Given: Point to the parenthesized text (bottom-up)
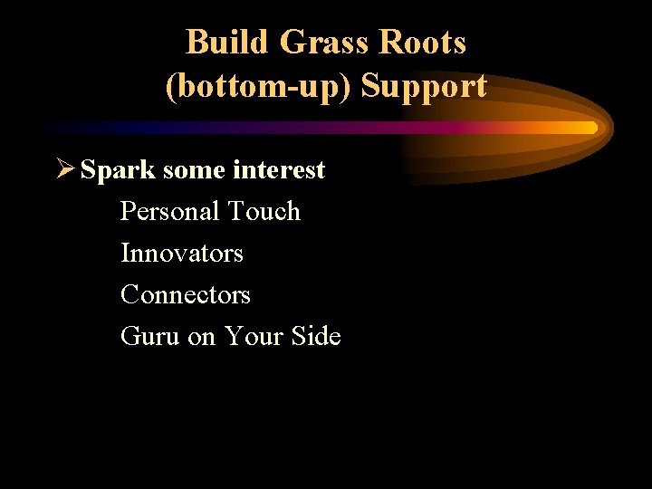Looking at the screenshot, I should (259, 87).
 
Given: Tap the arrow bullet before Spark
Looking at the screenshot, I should (66, 169).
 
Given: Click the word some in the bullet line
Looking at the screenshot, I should (181, 170).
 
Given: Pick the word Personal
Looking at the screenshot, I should (171, 212).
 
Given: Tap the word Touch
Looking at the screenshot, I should (264, 212).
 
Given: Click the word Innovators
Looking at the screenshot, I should (182, 253).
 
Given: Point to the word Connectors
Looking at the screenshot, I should (186, 294).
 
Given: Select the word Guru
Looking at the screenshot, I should (150, 337).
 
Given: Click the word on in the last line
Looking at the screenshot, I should (202, 337).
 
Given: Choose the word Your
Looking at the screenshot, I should (254, 337).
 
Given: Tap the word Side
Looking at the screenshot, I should (316, 337).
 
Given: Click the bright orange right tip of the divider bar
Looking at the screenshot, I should (591, 128).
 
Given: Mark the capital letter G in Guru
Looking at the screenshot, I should (130, 337).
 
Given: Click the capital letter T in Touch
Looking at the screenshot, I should (236, 212).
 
